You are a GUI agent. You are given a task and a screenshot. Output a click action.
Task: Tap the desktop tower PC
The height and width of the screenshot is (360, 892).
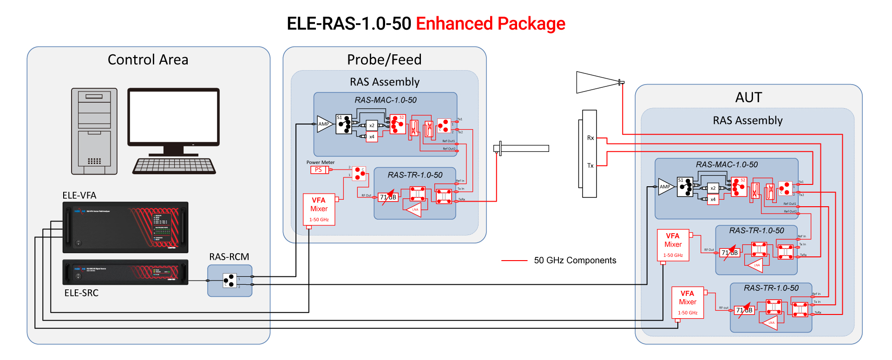pyautogui.click(x=94, y=131)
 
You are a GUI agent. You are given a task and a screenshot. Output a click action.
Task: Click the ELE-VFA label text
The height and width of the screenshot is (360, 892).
pyautogui.click(x=79, y=196)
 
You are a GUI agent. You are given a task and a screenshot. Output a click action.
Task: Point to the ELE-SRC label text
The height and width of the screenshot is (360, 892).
pyautogui.click(x=81, y=293)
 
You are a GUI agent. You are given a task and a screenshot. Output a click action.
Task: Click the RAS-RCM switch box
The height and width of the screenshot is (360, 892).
pyautogui.click(x=230, y=281)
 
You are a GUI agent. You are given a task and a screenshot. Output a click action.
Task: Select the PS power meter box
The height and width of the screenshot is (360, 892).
pyautogui.click(x=319, y=170)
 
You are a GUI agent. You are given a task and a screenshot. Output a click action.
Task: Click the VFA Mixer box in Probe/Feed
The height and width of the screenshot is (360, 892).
pyautogui.click(x=319, y=209)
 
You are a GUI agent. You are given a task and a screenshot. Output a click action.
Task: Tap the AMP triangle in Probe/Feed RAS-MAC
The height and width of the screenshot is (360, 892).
pyautogui.click(x=324, y=124)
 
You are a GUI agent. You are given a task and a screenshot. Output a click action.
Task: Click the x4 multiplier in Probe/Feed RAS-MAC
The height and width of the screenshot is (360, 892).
pyautogui.click(x=372, y=137)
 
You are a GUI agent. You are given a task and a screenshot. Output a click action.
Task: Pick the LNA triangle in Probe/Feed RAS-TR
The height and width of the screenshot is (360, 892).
pyautogui.click(x=413, y=209)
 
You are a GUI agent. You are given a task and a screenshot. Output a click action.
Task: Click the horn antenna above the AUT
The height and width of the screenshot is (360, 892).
pyautogui.click(x=597, y=82)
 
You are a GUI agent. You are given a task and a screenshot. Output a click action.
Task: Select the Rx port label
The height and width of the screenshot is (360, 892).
pyautogui.click(x=590, y=138)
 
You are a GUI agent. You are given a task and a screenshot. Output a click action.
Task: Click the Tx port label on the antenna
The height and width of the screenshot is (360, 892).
pyautogui.click(x=590, y=165)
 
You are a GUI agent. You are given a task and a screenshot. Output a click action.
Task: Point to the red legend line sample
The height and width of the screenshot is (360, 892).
pyautogui.click(x=514, y=261)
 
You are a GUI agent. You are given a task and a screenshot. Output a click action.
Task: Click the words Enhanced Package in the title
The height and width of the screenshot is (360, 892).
pyautogui.click(x=490, y=24)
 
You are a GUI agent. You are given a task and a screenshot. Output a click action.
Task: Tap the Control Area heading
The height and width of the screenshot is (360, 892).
pyautogui.click(x=148, y=60)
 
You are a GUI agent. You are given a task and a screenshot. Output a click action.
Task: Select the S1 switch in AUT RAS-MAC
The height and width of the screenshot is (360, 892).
pyautogui.click(x=685, y=187)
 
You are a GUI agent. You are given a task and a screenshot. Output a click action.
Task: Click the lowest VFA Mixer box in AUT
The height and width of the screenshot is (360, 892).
pyautogui.click(x=688, y=303)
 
